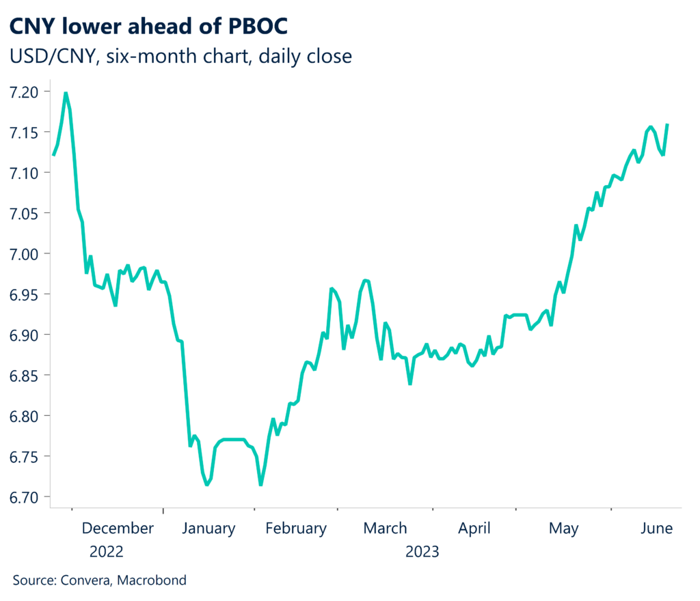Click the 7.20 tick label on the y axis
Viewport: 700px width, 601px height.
(26, 92)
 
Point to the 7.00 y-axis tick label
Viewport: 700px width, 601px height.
(26, 254)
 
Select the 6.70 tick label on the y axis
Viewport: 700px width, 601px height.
(26, 497)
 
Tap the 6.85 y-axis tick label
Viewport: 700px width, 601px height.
(26, 376)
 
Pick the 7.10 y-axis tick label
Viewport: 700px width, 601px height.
(26, 173)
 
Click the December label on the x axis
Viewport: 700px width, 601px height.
(118, 529)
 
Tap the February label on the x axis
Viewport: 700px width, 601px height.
(295, 529)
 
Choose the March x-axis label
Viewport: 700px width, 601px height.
(385, 529)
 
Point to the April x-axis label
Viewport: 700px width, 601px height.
(474, 529)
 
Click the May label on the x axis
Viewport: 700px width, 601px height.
(563, 529)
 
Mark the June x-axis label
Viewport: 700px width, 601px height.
(656, 529)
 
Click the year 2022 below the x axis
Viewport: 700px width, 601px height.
(107, 551)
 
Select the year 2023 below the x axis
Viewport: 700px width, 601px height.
(422, 551)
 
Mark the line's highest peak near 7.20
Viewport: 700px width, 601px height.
(66, 93)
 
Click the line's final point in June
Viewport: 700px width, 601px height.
(667, 124)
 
